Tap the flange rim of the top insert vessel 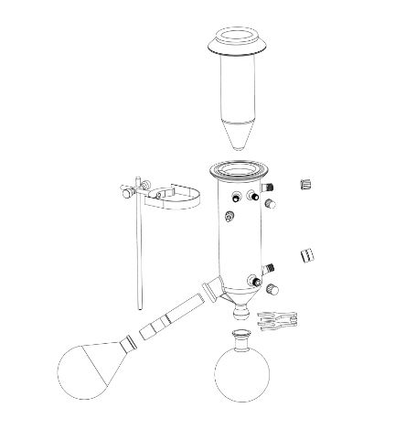coord(241,40)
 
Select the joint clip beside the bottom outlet coord(278,320)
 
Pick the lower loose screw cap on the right coord(307,255)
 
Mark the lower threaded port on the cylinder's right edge coord(270,269)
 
